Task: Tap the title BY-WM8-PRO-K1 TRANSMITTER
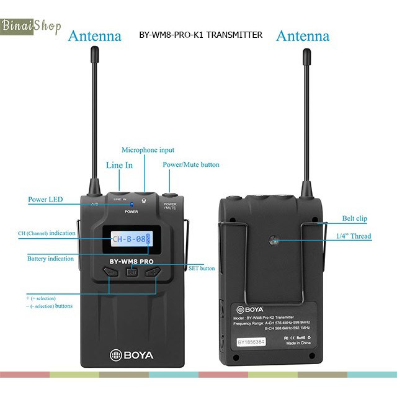[201, 35]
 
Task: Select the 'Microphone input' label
[148, 150]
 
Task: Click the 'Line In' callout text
[119, 165]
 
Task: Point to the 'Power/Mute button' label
[191, 164]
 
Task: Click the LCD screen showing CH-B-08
[131, 238]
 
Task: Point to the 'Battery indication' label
[50, 259]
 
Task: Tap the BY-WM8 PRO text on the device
[132, 261]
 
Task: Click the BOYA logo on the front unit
[132, 355]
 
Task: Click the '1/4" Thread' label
[354, 236]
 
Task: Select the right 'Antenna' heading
[303, 35]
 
